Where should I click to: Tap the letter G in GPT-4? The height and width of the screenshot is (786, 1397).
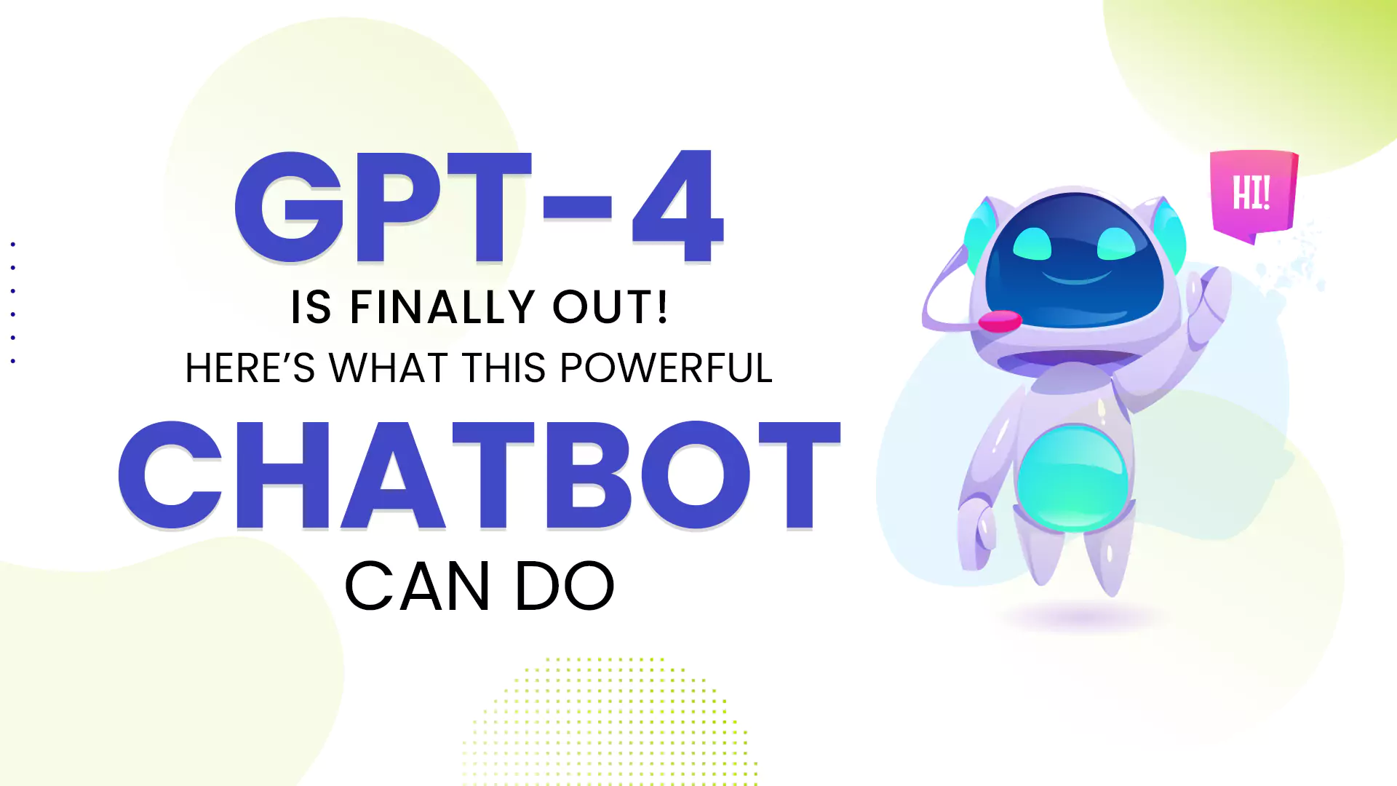point(289,207)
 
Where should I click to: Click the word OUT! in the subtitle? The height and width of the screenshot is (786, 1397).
point(610,306)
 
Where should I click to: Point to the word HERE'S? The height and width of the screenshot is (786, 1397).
point(250,368)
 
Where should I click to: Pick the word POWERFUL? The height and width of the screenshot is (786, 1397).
point(666,368)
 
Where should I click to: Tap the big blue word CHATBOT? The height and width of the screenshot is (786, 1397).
point(479,475)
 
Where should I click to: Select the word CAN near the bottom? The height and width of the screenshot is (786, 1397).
point(417,586)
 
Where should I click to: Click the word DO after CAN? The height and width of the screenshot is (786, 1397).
point(565,586)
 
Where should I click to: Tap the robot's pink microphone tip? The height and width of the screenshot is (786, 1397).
point(1000,321)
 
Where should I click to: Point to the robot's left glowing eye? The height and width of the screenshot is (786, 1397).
point(1032,243)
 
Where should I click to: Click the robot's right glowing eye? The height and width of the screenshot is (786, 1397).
point(1116,243)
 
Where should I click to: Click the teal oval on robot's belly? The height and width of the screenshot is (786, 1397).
point(1072,476)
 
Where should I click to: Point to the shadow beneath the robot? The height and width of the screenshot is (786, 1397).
point(1080,618)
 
